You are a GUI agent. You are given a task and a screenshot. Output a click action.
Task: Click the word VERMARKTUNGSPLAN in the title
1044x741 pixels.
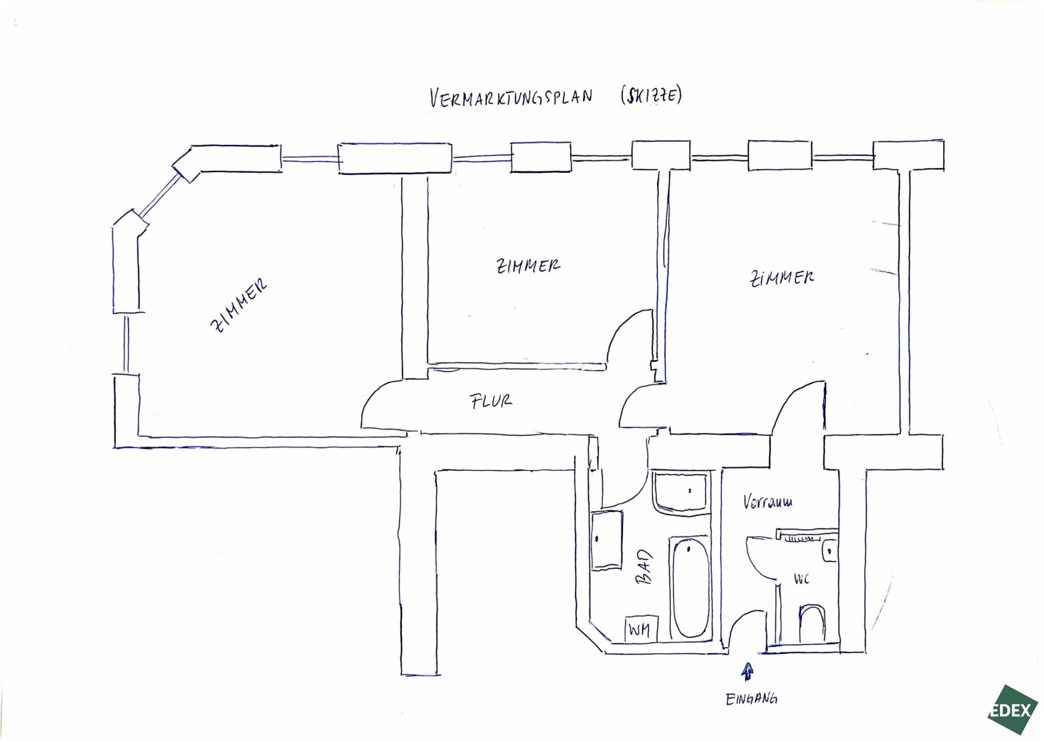510,97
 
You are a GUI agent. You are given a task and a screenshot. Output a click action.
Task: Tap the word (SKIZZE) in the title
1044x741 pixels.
651,95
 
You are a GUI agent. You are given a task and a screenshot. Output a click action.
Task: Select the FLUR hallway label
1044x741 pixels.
491,401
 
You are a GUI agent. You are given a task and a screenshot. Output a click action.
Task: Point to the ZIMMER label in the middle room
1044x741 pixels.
527,266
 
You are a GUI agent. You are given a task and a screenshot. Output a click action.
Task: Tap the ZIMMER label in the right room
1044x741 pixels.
783,278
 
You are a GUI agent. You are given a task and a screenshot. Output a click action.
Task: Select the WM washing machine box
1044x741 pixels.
641,628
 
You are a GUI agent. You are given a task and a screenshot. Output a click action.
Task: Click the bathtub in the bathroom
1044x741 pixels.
691,587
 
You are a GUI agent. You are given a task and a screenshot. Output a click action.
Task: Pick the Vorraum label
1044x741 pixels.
768,502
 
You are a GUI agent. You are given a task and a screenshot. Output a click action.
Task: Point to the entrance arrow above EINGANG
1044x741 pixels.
747,672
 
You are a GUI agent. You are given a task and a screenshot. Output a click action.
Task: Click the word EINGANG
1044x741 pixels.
751,699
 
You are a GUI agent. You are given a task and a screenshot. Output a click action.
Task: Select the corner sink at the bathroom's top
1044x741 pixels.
680,492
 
